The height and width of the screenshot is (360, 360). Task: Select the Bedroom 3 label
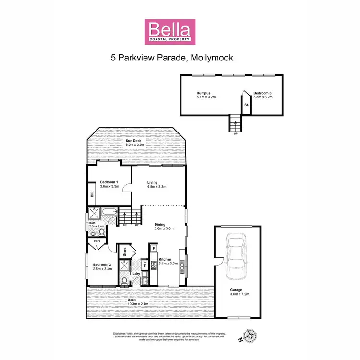click(x=263, y=93)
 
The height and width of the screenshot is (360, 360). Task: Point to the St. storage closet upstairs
click(x=246, y=104)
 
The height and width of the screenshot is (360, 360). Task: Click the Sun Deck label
click(x=135, y=141)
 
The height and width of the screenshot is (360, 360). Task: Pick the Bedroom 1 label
click(x=109, y=182)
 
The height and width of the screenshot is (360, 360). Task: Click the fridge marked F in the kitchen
click(x=153, y=249)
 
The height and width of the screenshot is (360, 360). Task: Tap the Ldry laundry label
click(x=136, y=275)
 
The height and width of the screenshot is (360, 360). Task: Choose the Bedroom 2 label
click(x=102, y=264)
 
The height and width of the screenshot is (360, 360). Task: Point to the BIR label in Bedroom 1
click(x=91, y=194)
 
